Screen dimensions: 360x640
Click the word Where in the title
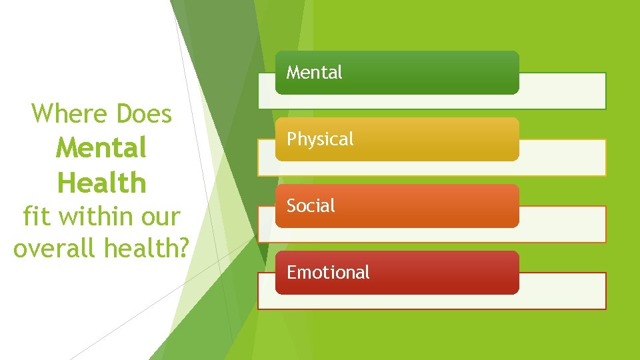(x=71, y=114)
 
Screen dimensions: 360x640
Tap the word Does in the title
(x=144, y=114)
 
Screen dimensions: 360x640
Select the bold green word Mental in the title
(x=101, y=148)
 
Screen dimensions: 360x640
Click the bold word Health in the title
(x=101, y=182)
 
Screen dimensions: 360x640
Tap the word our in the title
(x=160, y=217)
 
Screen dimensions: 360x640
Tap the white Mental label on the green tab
(x=314, y=72)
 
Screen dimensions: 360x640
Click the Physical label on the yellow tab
(x=320, y=139)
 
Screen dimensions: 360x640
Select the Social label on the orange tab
(x=311, y=205)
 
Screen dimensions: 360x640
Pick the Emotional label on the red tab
(x=328, y=272)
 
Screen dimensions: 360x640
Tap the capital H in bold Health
(x=67, y=182)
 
